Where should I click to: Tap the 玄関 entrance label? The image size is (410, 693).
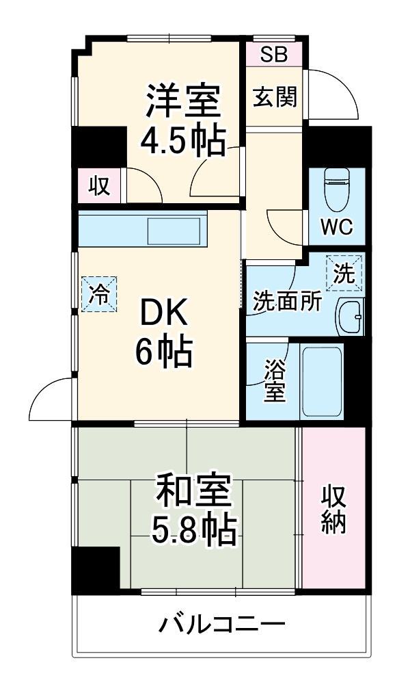pos(275,98)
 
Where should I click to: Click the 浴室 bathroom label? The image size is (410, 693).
pos(275,382)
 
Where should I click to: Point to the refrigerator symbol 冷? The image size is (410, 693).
pos(100,295)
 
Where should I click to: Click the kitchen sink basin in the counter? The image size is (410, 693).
pos(176,231)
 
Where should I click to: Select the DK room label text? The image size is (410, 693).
pos(163,315)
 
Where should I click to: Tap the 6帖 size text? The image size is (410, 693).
pos(163,352)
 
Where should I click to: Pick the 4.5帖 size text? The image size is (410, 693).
pos(182,140)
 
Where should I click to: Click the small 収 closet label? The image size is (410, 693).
pos(100,185)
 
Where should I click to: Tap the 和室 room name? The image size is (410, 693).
pos(193,491)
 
